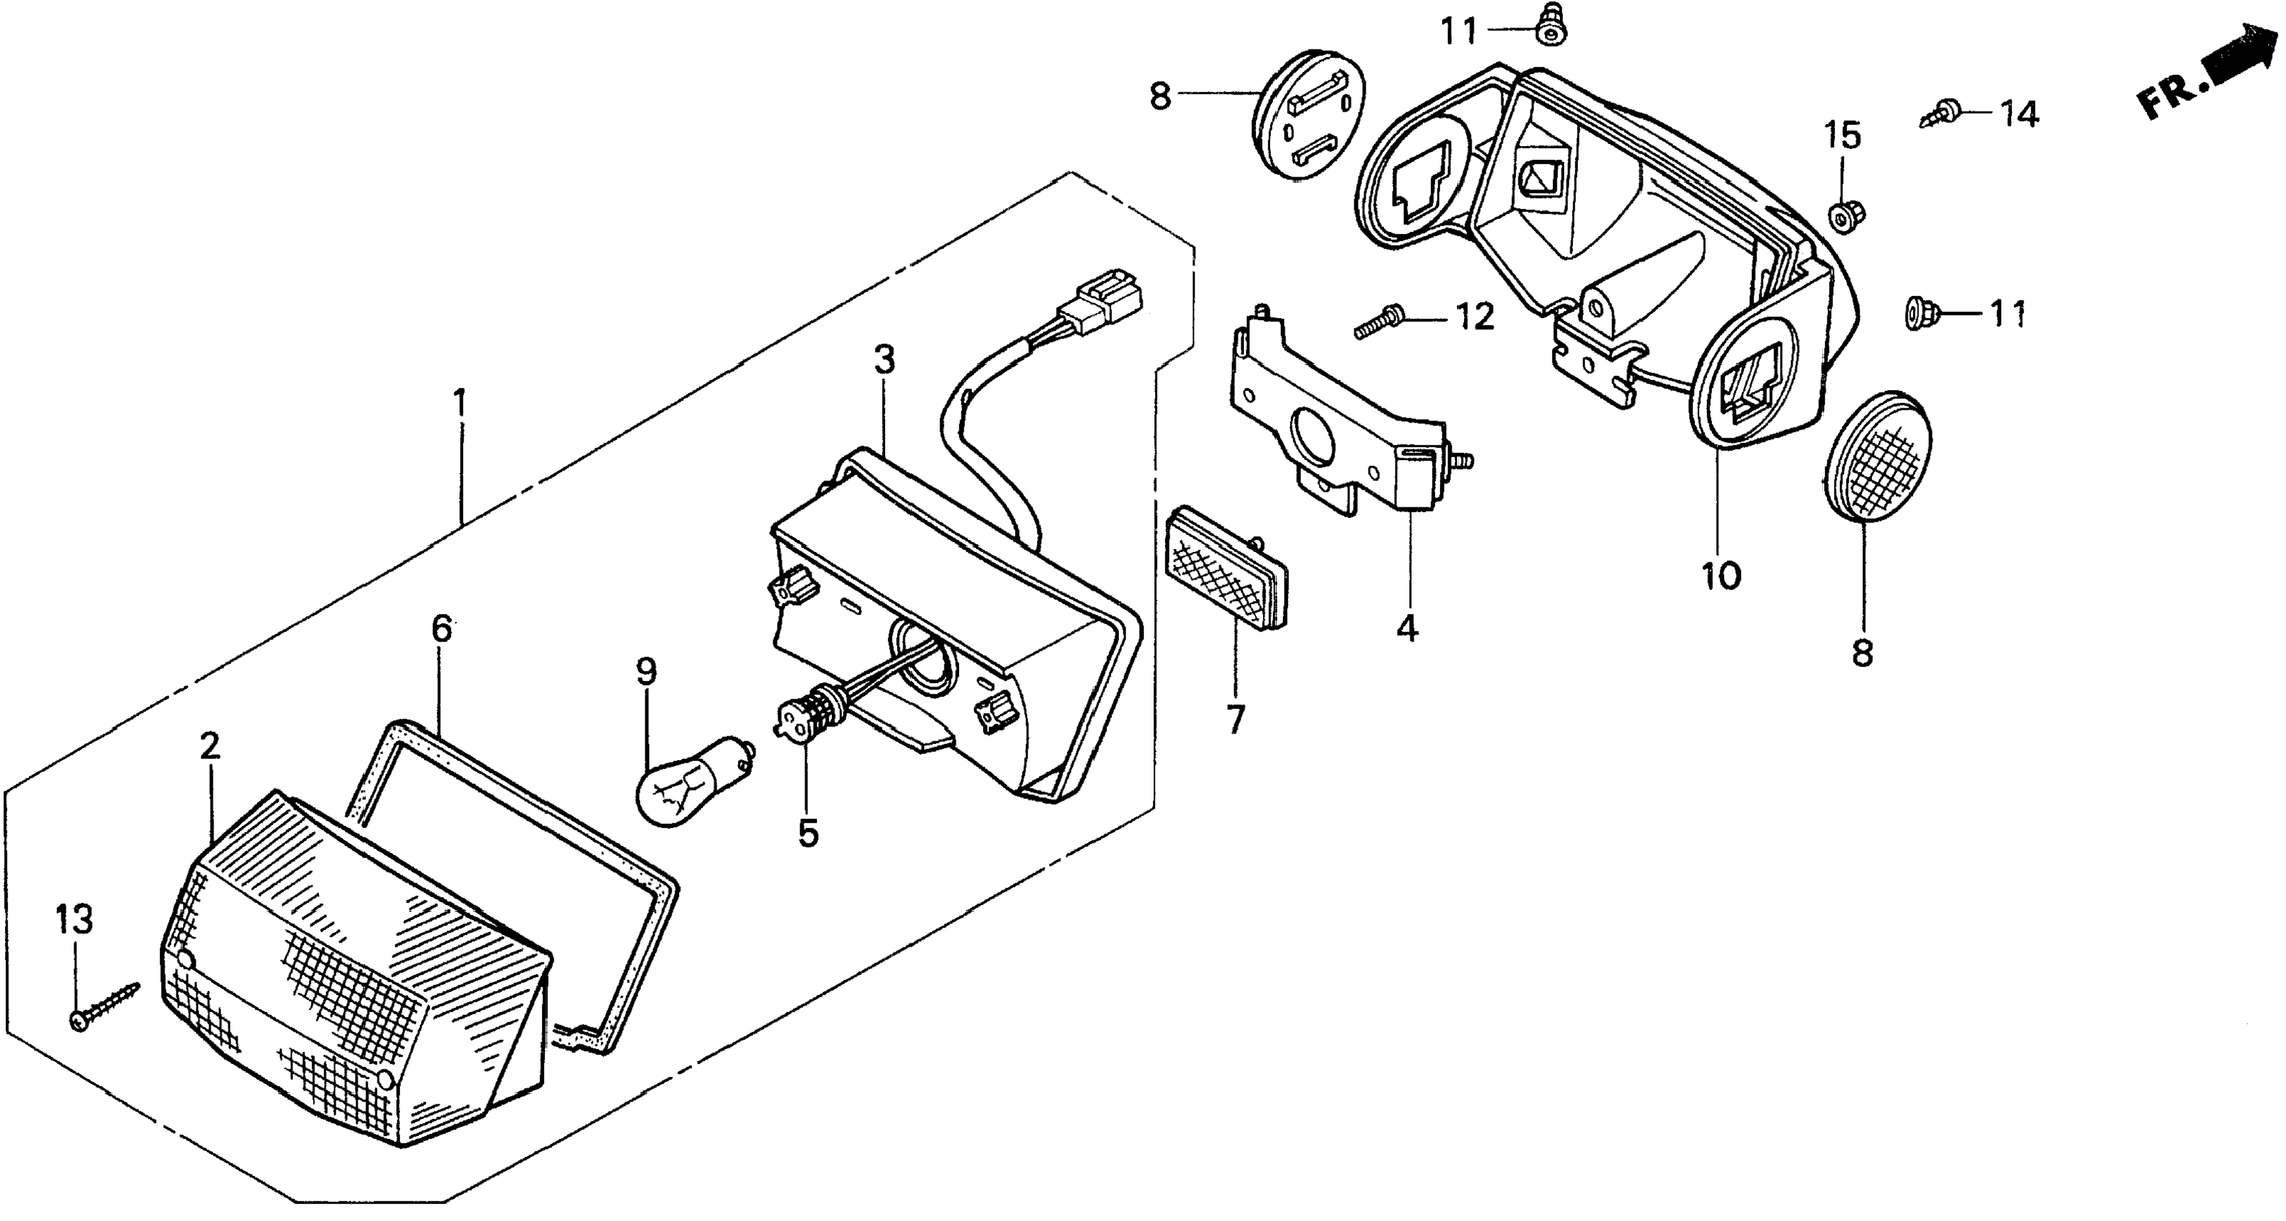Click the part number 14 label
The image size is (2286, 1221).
2019,114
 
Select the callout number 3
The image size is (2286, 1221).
883,360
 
